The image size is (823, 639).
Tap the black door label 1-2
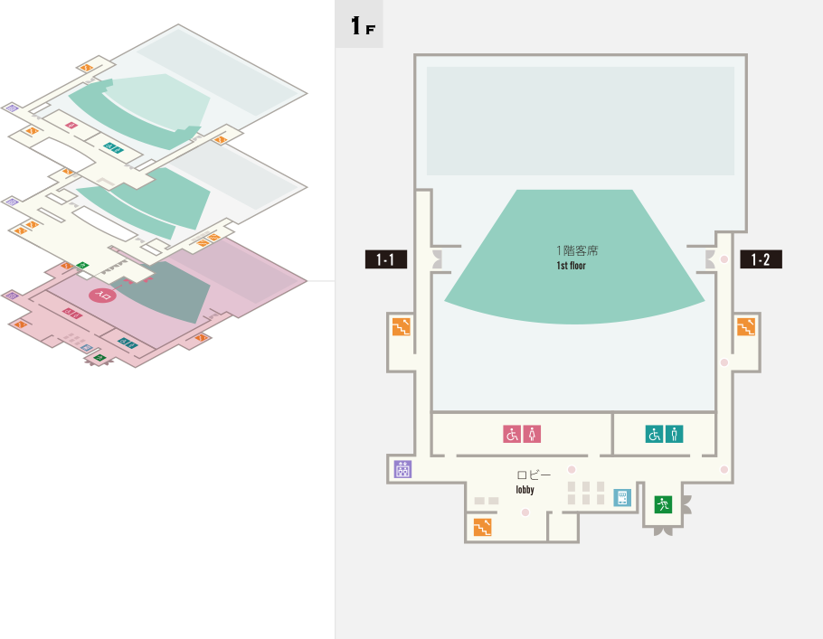[761, 259]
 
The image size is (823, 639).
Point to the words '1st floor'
[572, 266]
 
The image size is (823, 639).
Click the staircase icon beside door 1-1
[401, 326]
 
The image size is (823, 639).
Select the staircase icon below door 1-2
[746, 326]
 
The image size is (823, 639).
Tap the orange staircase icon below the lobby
[482, 527]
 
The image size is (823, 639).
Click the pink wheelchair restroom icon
[512, 434]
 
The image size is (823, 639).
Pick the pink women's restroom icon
[533, 434]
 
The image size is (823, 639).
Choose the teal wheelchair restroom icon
[654, 434]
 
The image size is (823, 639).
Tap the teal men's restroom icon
[675, 434]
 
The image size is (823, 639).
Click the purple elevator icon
[402, 469]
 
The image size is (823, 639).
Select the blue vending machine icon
[621, 497]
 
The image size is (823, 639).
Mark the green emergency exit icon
[663, 504]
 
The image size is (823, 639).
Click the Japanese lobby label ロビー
[534, 475]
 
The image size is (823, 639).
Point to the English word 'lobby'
[525, 490]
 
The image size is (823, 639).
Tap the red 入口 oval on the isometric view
[102, 295]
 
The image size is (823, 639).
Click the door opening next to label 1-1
[439, 259]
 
